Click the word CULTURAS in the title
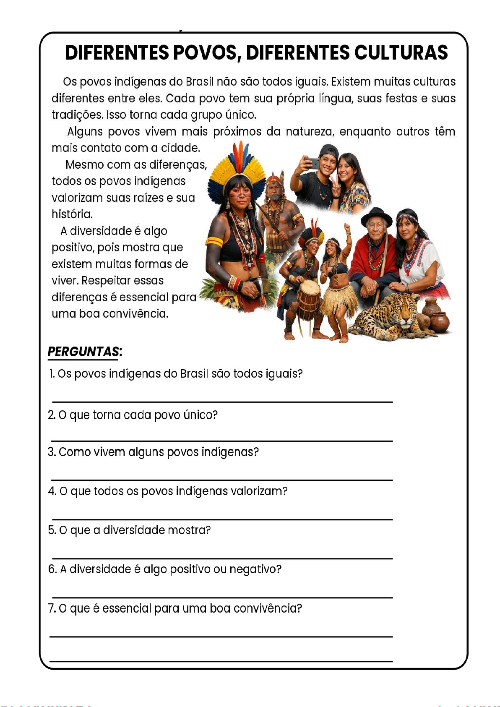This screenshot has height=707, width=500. point(401,53)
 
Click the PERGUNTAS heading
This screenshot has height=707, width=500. point(84,352)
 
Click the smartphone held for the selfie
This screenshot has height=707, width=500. point(311,163)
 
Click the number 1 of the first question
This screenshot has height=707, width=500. point(51,373)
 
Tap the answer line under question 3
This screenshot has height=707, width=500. point(221,480)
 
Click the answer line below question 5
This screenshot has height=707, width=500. point(221,558)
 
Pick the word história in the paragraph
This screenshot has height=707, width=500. point(72,214)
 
